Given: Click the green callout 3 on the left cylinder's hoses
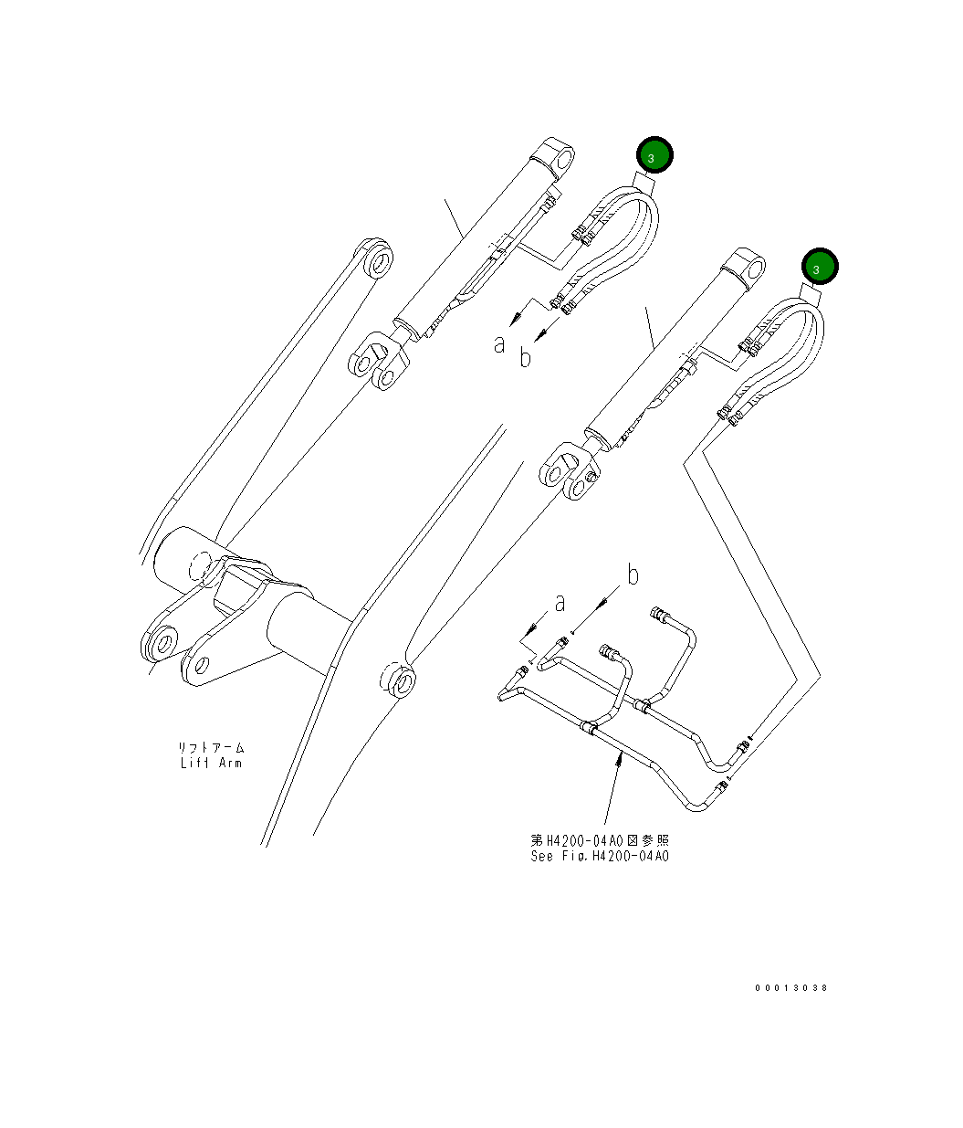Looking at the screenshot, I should [654, 156].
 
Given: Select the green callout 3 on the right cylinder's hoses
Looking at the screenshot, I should [820, 267].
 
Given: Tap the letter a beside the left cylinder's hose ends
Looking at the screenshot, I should [499, 343].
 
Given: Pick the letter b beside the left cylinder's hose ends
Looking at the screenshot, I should [525, 358].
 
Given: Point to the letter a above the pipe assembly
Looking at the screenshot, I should [560, 603].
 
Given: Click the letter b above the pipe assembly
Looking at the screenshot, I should [632, 575].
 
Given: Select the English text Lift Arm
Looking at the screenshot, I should [211, 763].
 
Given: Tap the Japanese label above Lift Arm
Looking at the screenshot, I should [211, 747].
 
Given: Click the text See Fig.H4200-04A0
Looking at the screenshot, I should [600, 856].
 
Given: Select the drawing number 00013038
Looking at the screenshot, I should [790, 987].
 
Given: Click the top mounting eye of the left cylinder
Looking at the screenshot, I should [560, 157].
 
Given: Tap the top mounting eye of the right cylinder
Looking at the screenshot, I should [750, 266].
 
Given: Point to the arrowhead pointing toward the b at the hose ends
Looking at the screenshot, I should [539, 335].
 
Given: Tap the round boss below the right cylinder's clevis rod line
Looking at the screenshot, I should [398, 680].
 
